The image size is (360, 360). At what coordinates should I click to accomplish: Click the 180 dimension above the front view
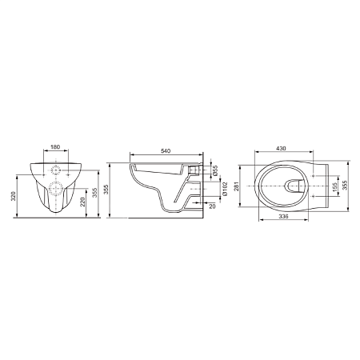[x=55, y=146]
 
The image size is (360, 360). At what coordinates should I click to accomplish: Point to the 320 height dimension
[x=14, y=196]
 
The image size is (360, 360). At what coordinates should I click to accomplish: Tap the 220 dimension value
[x=82, y=202]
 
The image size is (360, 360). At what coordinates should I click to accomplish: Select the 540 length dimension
[x=166, y=151]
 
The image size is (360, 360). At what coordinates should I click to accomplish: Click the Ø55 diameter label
[x=215, y=170]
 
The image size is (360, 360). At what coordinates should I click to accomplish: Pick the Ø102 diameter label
[x=225, y=189]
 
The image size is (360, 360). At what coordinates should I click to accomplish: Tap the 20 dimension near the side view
[x=212, y=206]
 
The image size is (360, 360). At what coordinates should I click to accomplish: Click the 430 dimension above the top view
[x=281, y=148]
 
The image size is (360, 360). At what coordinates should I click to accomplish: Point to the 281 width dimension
[x=236, y=186]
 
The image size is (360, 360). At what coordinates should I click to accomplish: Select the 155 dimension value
[x=335, y=186]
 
